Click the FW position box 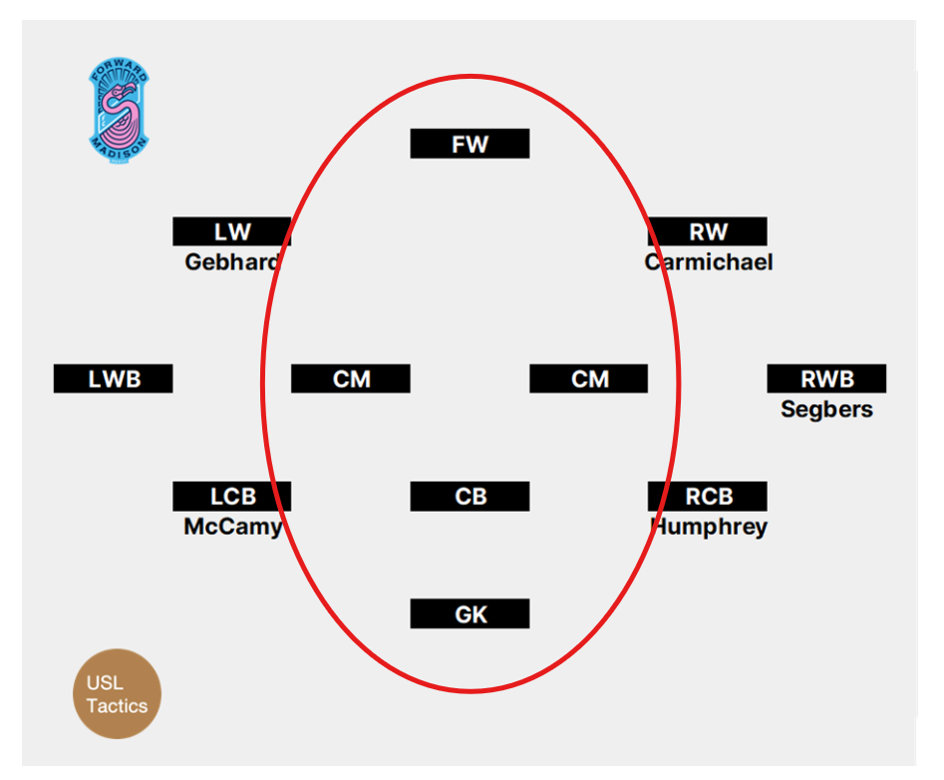point(470,144)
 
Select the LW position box point(232,231)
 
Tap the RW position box point(708,231)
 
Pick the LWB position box point(114,379)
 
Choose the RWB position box point(826,379)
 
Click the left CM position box point(351,379)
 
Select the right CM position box point(589,379)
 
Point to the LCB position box point(232,496)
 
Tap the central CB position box point(470,496)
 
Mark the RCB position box point(708,496)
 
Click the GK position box point(470,613)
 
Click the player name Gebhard point(232,262)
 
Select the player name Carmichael point(708,262)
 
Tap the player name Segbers point(826,409)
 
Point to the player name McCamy point(232,527)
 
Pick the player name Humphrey point(708,527)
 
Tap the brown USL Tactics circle point(117,694)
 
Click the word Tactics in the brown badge point(117,706)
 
